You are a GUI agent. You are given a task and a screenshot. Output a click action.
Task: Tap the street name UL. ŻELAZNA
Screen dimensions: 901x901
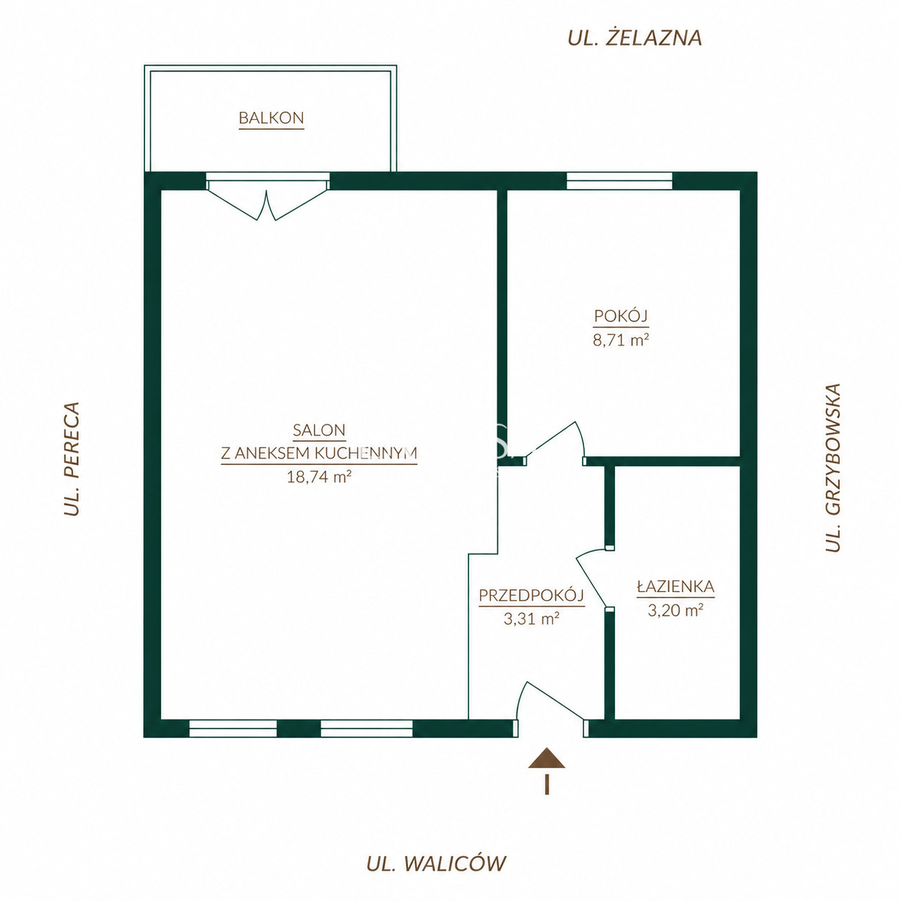click(x=634, y=38)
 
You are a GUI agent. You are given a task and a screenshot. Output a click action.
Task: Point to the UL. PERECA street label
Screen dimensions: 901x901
click(x=72, y=458)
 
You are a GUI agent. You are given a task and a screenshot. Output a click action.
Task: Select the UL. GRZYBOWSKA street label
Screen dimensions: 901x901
click(x=833, y=468)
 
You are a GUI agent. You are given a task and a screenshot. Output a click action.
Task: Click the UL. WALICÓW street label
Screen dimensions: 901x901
click(x=436, y=863)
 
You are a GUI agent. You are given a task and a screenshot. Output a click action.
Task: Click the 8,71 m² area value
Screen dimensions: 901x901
click(x=621, y=339)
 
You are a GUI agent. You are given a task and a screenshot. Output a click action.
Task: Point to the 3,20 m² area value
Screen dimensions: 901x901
click(x=675, y=610)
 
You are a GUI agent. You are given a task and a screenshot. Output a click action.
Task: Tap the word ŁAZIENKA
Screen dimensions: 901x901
click(x=675, y=586)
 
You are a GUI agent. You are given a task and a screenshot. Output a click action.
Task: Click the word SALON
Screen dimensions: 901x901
click(x=319, y=430)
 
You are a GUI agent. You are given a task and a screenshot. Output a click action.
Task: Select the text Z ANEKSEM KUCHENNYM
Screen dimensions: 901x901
click(x=319, y=453)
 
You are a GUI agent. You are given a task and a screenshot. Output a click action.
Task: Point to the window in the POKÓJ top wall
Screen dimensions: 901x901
click(x=619, y=180)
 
